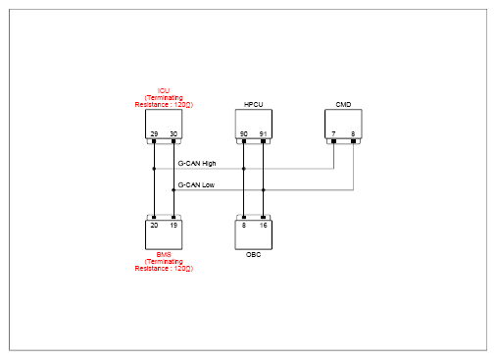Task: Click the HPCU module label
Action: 253,105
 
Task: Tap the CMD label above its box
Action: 343,105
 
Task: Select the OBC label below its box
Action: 253,254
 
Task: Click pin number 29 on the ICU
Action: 154,134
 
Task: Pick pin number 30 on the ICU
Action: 174,134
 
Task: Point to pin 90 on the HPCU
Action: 244,134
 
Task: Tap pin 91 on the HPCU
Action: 263,134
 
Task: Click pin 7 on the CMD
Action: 333,134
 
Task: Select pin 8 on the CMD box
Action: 353,134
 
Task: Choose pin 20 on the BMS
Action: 154,226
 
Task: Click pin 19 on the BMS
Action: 174,226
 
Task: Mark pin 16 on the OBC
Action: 263,226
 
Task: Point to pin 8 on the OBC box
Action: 244,226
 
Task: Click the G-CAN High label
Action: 197,164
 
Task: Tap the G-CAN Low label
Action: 196,185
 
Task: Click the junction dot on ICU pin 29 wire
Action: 154,169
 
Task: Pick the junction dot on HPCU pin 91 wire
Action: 264,190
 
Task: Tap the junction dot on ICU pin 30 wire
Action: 174,190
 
